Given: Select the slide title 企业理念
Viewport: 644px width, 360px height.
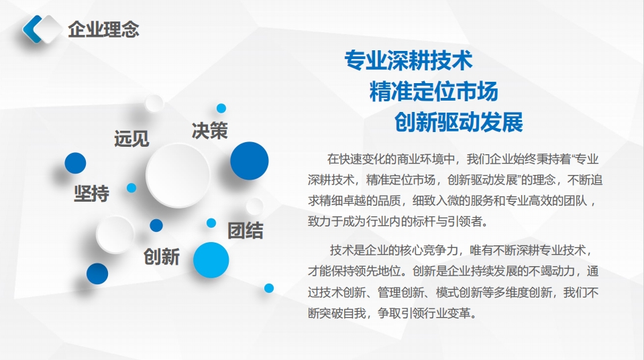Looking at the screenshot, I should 103,29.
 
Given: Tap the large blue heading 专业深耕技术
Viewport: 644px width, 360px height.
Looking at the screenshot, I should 409,61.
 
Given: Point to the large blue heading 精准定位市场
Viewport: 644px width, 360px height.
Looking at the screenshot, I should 433,92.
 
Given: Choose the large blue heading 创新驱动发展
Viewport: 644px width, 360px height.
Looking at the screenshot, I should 459,123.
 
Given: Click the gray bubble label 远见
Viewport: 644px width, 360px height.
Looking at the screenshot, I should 131,139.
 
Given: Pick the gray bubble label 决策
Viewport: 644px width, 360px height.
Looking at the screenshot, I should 209,130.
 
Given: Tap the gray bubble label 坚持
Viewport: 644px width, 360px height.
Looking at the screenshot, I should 91,193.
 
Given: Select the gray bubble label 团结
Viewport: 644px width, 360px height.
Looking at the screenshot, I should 245,231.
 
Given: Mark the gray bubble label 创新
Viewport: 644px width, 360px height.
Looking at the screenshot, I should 161,257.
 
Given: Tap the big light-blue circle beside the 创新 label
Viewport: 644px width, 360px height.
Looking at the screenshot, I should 211,259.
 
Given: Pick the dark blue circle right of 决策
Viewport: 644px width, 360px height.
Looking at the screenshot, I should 250,161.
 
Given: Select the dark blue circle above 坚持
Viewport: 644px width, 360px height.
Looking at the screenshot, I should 75,163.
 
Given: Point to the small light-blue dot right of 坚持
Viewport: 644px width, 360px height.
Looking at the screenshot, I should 131,188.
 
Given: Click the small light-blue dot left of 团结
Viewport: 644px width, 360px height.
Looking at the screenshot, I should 211,223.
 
